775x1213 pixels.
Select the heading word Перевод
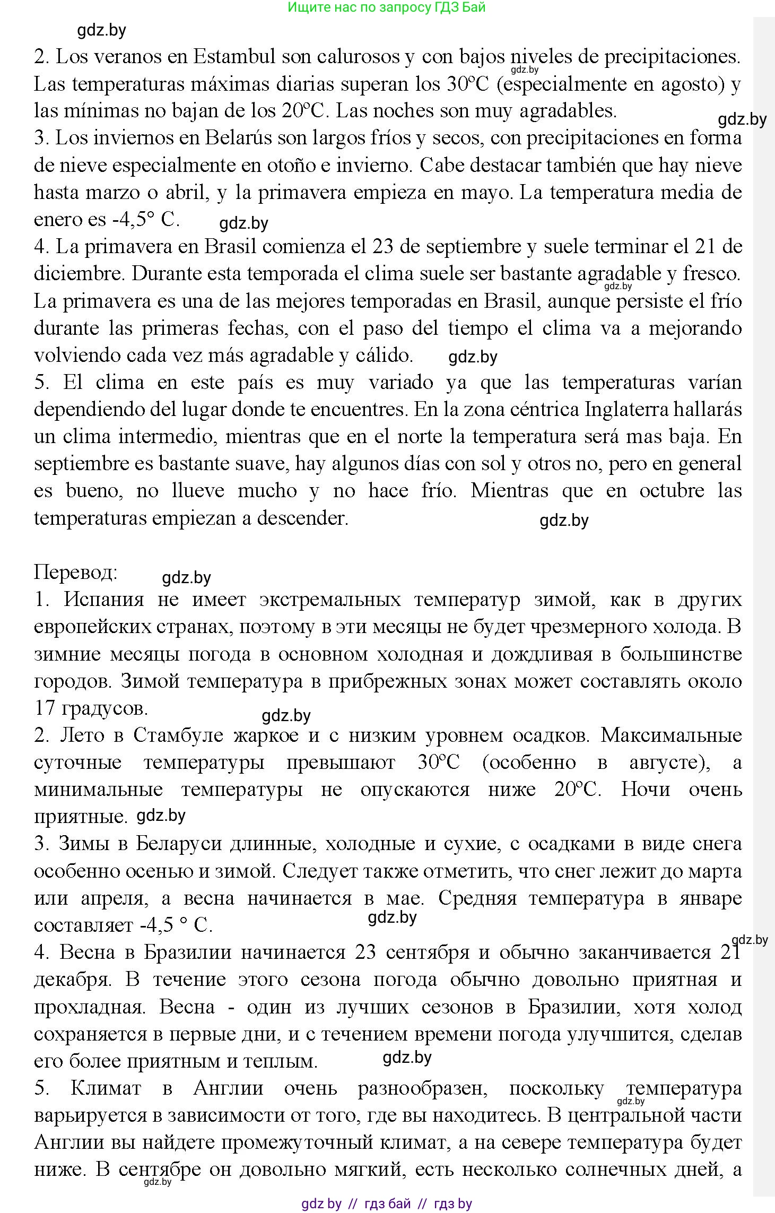pos(75,573)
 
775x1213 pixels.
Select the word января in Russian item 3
pos(702,898)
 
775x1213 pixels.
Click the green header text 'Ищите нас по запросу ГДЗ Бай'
pos(387,7)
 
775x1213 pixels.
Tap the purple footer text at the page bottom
pos(387,1203)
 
